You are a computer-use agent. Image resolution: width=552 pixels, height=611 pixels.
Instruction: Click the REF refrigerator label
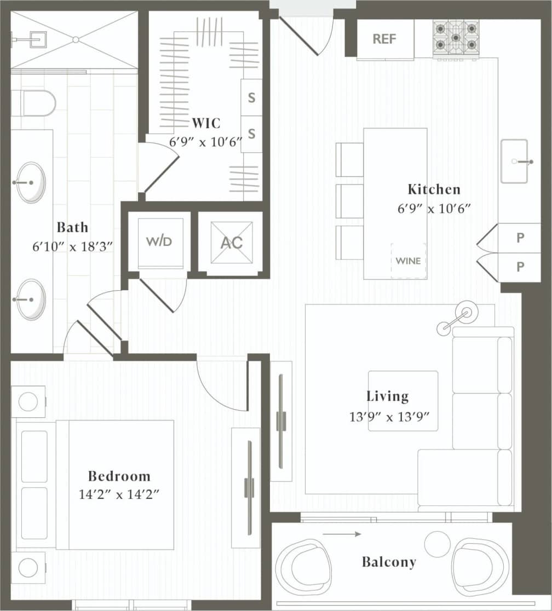tap(384, 39)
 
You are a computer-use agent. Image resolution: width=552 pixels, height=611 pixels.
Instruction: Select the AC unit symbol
tap(231, 243)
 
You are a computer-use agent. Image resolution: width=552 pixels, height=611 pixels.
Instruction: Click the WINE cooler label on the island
tap(409, 261)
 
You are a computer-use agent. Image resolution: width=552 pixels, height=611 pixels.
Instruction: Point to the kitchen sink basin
tap(514, 162)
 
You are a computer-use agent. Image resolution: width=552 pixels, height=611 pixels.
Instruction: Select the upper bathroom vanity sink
tap(31, 182)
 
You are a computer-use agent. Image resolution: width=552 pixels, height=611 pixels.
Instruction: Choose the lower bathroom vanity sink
tap(31, 299)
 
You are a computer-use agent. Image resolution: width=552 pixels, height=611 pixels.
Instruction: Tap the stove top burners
tap(456, 37)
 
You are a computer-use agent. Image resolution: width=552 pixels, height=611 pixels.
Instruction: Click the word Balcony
tap(389, 562)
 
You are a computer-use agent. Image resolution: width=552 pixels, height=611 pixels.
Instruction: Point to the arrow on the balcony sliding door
tap(342, 534)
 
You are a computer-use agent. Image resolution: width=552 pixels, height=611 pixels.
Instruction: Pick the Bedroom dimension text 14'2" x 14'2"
tap(119, 495)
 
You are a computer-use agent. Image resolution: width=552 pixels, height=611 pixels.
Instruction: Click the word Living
tap(388, 396)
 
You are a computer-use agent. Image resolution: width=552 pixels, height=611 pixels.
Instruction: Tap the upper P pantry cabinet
tap(519, 238)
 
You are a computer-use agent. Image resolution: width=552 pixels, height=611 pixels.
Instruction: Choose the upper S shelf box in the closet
tap(251, 98)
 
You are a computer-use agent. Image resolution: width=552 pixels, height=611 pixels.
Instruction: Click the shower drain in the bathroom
tap(76, 39)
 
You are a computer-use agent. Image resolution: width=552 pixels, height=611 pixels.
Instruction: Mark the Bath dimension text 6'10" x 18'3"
tap(72, 246)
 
